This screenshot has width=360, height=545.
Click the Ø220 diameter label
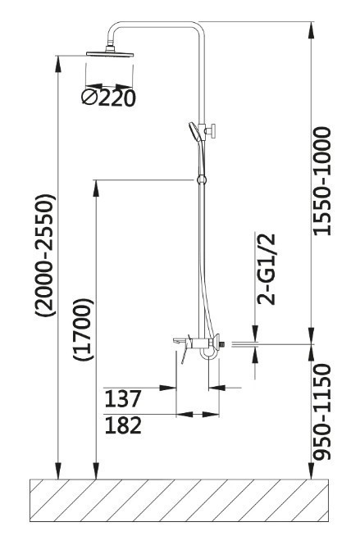tap(108, 98)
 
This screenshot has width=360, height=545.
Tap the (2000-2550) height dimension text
tap(45, 255)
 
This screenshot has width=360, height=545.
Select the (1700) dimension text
tap(84, 329)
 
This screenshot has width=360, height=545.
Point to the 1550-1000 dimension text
tap(322, 181)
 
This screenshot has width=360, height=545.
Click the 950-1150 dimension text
tap(322, 411)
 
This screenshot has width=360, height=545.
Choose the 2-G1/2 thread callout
tap(266, 270)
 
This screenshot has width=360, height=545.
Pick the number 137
tap(123, 398)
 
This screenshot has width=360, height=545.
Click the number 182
tap(123, 425)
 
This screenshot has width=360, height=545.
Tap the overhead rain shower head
tap(110, 53)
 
